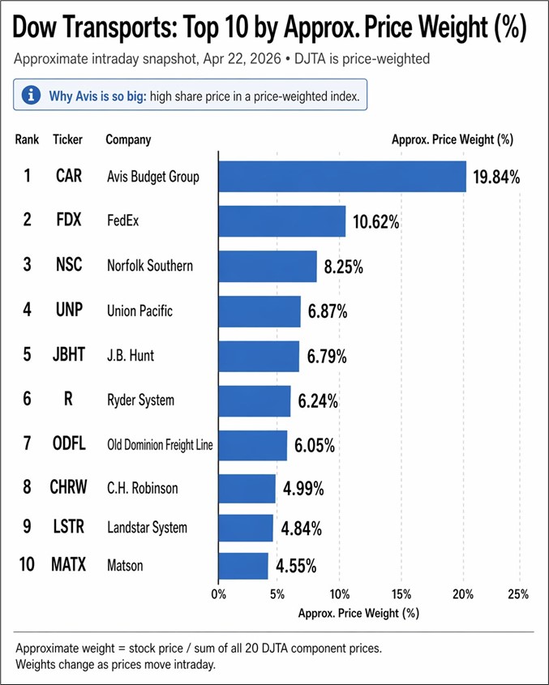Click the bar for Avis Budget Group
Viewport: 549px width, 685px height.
coord(341,176)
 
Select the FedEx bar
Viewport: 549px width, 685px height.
coord(281,221)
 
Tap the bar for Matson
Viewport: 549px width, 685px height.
coord(242,566)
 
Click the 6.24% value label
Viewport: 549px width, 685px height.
coord(320,400)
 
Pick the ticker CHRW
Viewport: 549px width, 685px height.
coord(69,488)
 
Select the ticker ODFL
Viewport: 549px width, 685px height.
coord(69,444)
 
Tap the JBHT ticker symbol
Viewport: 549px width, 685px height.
coord(69,356)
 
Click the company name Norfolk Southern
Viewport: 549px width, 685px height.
coord(150,266)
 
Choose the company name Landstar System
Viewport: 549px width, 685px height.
coord(147,528)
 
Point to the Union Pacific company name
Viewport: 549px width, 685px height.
coord(139,310)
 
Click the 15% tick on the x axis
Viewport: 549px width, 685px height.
coord(402,594)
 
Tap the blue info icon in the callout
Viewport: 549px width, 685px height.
coord(31,96)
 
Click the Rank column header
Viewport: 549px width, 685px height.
coord(27,139)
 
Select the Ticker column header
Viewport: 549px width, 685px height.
coord(67,139)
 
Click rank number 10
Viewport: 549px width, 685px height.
coord(27,565)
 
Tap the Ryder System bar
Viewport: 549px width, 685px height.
coord(254,400)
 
